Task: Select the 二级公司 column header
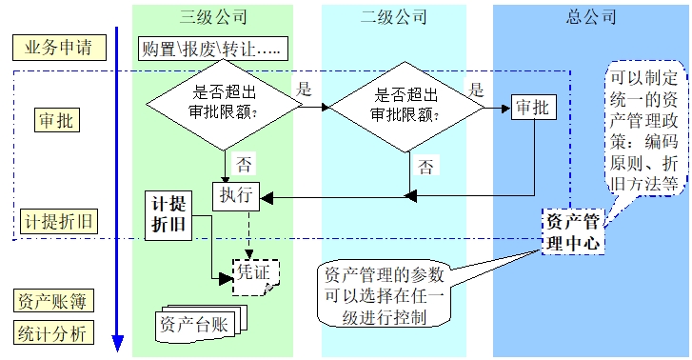click(x=393, y=16)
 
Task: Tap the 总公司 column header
click(x=591, y=16)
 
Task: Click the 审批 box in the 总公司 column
click(x=531, y=108)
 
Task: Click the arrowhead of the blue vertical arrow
click(x=117, y=342)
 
